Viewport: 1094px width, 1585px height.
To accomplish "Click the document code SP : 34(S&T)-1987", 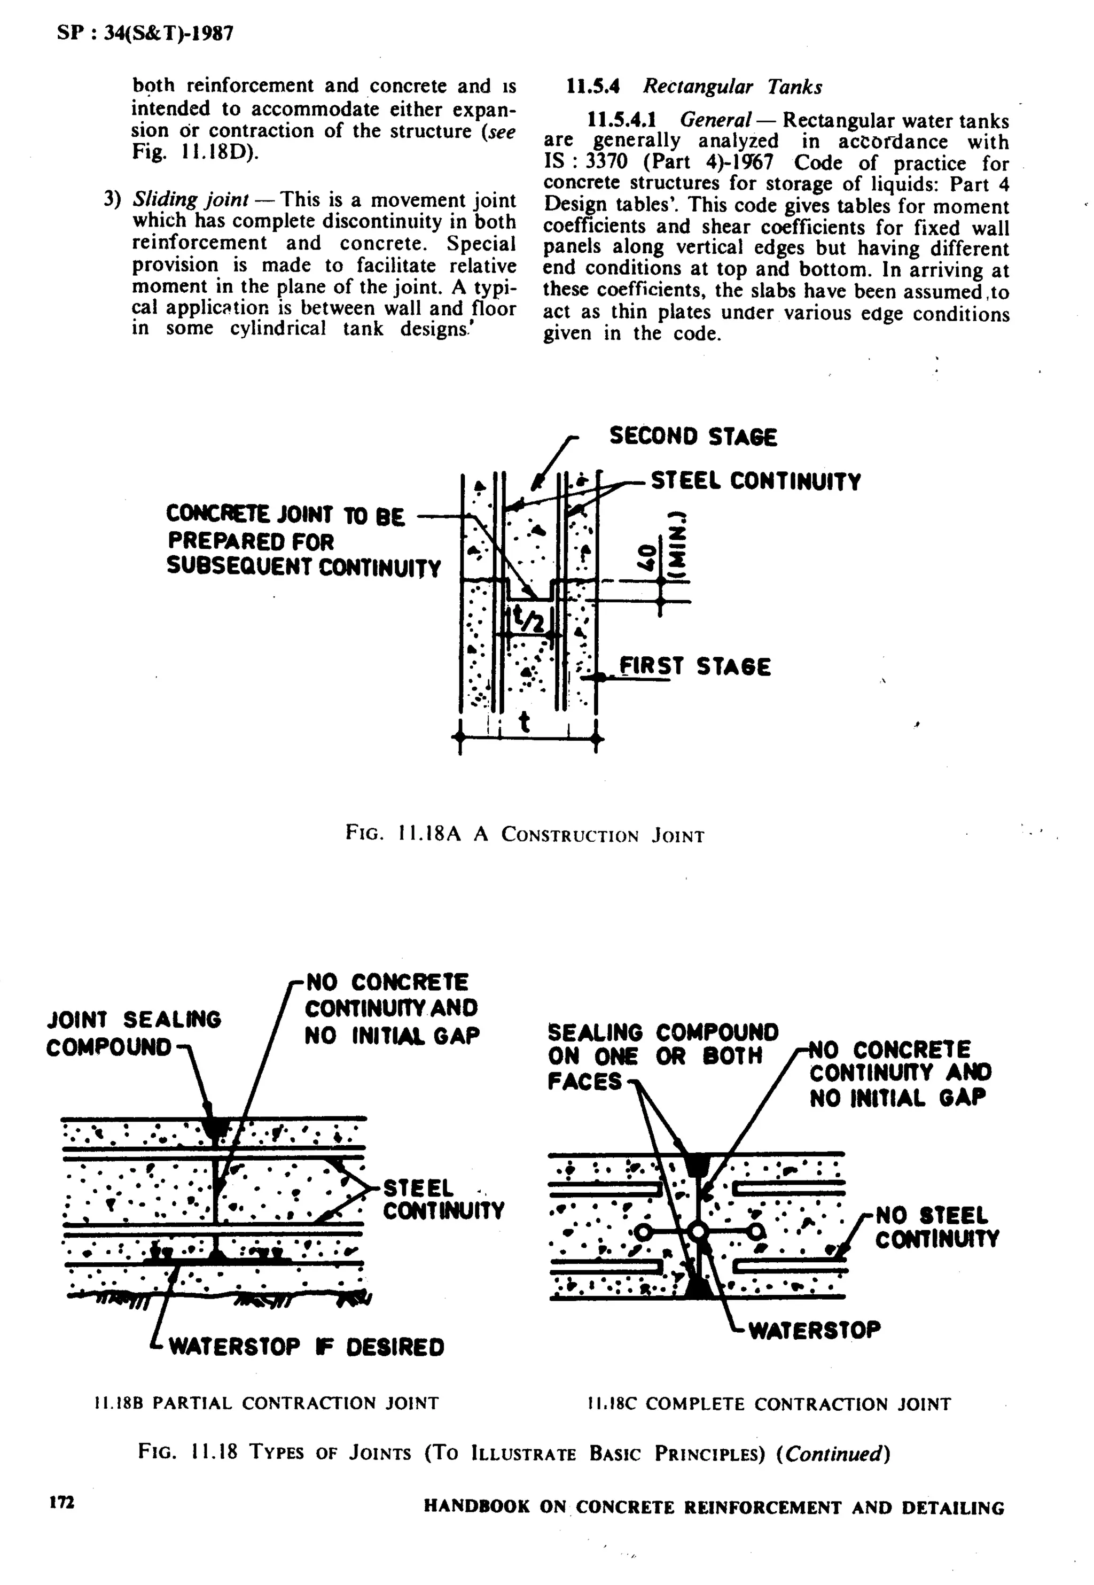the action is tap(145, 33).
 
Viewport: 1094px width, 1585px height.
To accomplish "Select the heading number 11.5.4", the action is tap(593, 87).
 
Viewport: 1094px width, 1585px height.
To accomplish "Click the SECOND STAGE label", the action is tap(693, 437).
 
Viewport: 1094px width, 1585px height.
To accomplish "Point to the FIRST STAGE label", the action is tap(694, 666).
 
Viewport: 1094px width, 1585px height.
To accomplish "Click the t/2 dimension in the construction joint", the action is tap(530, 620).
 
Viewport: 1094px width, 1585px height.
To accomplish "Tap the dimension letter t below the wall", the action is tap(525, 721).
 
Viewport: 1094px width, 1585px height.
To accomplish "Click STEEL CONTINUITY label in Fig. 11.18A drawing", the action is tap(755, 481).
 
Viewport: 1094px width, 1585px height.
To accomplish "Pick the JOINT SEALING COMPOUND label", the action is tap(134, 1033).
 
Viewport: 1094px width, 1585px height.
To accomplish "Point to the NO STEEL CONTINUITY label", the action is tap(936, 1227).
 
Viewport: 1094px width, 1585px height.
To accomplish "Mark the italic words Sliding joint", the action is tap(190, 199).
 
